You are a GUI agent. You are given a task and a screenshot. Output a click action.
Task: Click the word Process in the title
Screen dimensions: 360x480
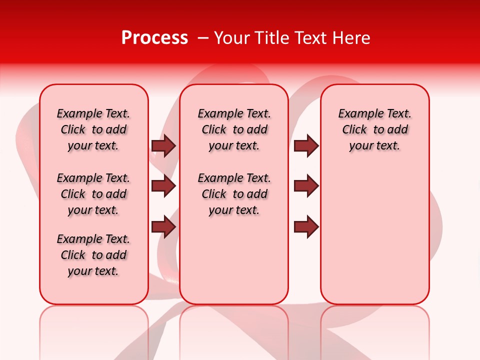(154, 38)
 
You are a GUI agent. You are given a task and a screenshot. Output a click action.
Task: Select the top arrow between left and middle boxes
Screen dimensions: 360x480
(163, 145)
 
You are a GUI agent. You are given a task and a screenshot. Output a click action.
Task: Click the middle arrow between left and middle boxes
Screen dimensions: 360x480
(163, 186)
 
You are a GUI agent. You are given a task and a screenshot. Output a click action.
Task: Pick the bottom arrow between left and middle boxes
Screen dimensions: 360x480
(163, 226)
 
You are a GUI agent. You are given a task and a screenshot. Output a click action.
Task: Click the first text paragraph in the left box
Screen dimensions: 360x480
(93, 129)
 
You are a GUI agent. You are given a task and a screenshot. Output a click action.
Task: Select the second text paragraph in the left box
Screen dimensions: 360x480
(93, 194)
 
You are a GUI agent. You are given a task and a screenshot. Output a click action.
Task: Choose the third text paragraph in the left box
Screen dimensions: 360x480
(93, 255)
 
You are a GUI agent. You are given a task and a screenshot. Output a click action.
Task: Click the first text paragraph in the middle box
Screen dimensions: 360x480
(234, 129)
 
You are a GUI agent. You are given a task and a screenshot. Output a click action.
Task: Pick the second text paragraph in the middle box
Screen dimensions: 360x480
(234, 194)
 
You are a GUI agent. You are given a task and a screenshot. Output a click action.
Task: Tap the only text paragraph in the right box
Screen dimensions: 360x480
(374, 129)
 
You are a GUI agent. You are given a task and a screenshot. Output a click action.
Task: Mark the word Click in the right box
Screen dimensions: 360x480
(354, 130)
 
